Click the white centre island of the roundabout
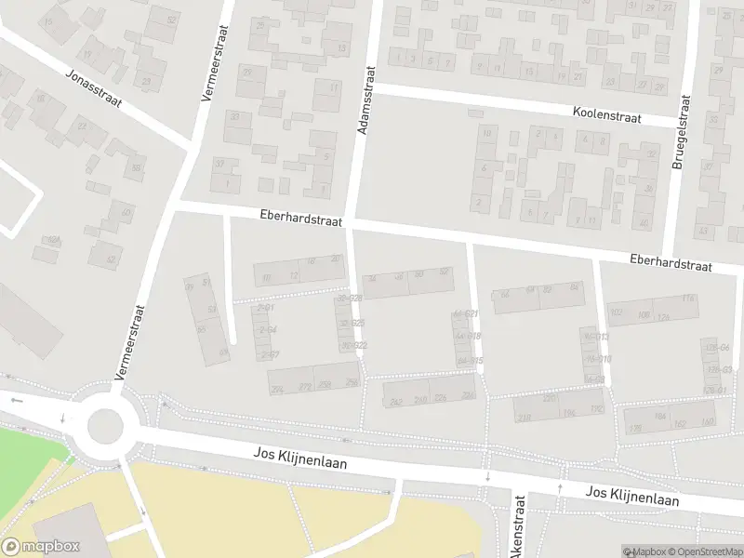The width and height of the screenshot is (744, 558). coord(105,427)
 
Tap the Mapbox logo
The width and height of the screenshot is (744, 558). coord(41,546)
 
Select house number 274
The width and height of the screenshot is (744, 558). coord(276,389)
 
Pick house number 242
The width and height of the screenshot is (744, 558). coord(395,402)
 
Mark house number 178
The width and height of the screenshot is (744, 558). coord(635,429)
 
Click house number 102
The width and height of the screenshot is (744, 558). coord(616,312)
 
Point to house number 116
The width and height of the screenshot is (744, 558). coord(688,298)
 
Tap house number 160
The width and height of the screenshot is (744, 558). coord(707,422)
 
